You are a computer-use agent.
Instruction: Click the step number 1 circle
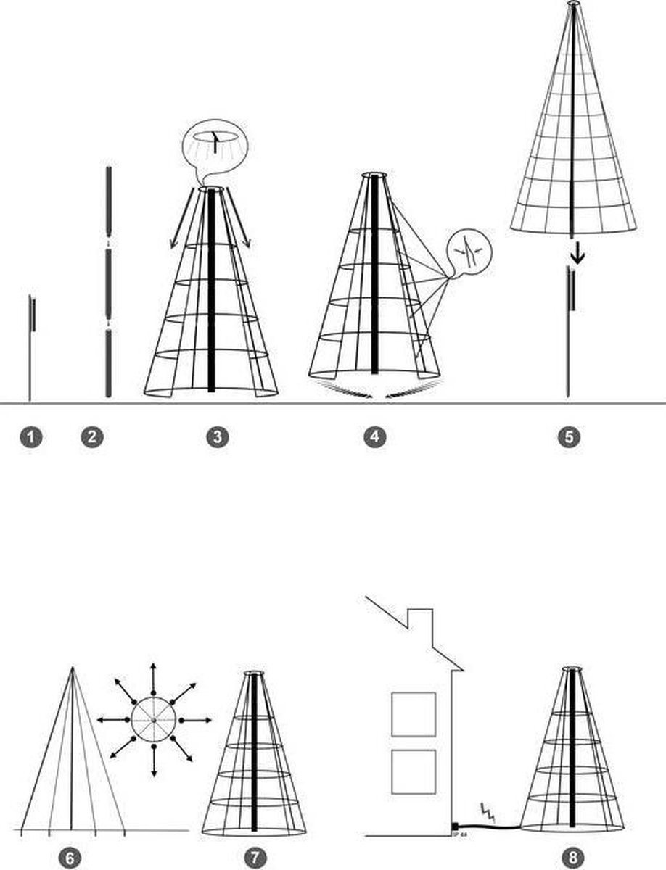click(x=30, y=436)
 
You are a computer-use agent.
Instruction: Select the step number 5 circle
click(x=569, y=436)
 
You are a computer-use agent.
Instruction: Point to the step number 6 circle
click(x=70, y=858)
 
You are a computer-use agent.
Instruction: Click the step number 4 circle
click(x=374, y=436)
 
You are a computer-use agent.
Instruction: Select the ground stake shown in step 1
click(x=30, y=348)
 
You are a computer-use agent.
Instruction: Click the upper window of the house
click(x=414, y=714)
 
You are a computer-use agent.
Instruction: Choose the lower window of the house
click(x=414, y=771)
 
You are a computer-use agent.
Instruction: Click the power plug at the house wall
click(x=455, y=826)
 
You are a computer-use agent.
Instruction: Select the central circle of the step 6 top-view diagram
click(x=154, y=720)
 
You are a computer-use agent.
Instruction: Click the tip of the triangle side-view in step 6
click(x=71, y=668)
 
